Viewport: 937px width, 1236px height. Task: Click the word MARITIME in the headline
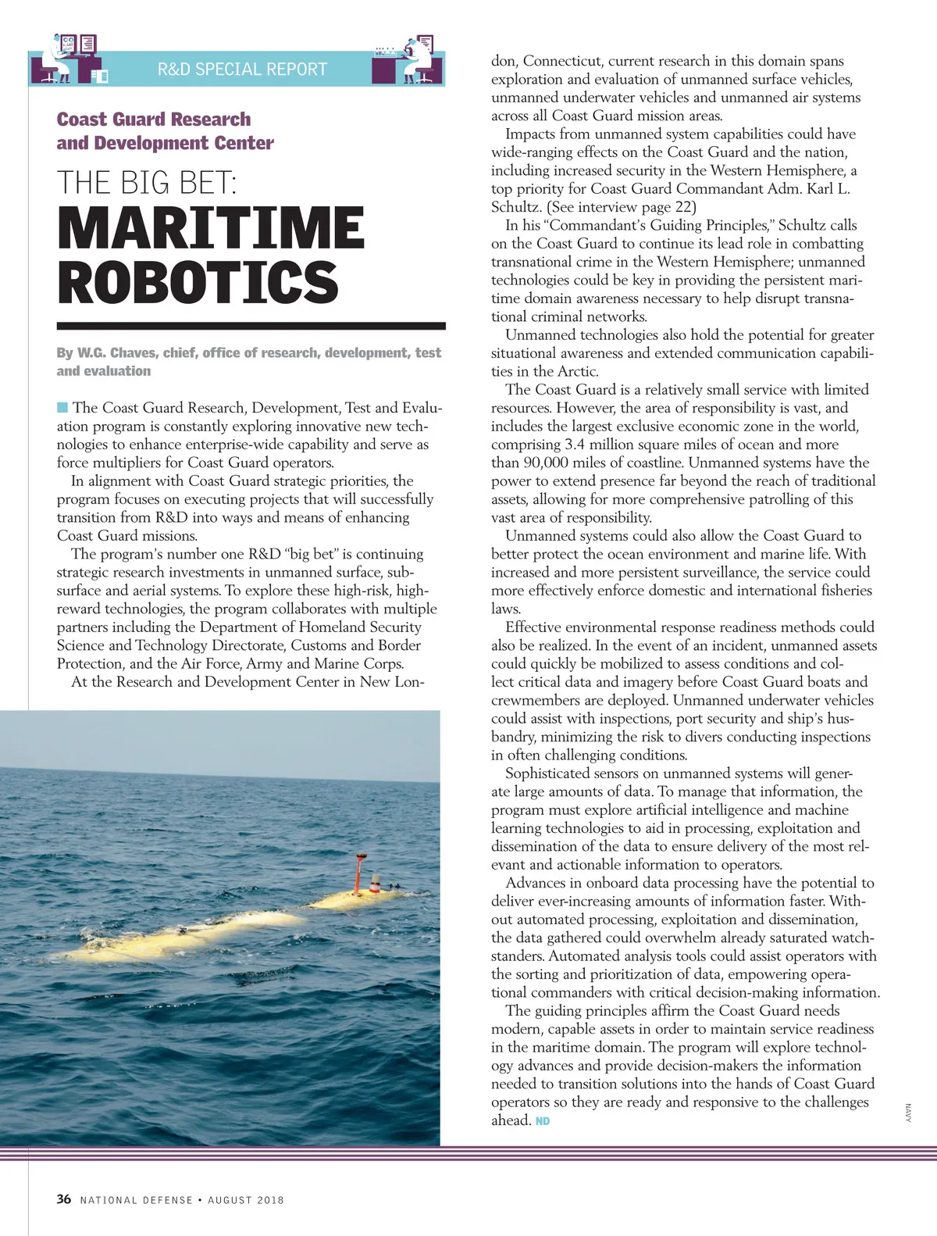[x=211, y=229]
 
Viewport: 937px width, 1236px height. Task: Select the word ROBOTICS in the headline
[x=198, y=283]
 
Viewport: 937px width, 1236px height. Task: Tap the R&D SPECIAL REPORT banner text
[x=242, y=70]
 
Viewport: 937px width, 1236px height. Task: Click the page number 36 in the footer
[x=64, y=1199]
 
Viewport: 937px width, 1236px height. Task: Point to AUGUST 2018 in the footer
[x=246, y=1200]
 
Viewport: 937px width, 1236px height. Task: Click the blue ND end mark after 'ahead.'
[x=543, y=1121]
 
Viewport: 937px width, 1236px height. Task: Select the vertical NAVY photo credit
[x=908, y=1113]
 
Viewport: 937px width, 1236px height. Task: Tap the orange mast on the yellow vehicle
[x=358, y=875]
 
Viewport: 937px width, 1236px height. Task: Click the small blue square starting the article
[x=62, y=407]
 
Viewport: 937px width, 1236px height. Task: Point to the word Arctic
[x=577, y=371]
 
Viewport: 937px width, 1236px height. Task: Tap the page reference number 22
[x=685, y=207]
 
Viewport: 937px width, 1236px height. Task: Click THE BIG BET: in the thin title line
[x=147, y=183]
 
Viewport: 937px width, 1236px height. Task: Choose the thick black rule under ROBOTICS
[x=251, y=326]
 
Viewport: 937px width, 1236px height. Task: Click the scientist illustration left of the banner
[x=69, y=59]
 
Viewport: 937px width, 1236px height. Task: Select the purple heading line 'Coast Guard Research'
[x=154, y=120]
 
